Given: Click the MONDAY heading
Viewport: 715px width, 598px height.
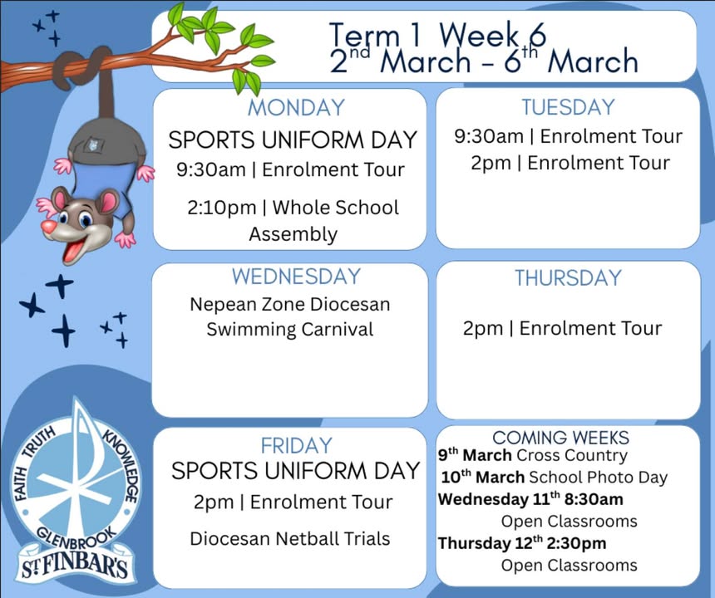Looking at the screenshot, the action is coord(297,108).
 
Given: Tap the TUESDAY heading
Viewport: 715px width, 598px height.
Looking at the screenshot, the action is coord(568,107).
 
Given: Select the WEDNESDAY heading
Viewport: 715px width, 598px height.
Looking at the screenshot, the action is coord(297,277).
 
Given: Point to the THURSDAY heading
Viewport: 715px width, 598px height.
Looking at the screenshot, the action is coord(568,278).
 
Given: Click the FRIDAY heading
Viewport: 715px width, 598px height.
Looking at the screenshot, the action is coord(297,445).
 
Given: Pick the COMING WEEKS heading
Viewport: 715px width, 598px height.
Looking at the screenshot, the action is coord(560,438).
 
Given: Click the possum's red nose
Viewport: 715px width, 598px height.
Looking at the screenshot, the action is coord(49,227).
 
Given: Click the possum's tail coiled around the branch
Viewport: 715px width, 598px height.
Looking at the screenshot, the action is coord(82,66).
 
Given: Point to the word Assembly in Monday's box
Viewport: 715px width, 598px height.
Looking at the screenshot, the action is coord(293,234).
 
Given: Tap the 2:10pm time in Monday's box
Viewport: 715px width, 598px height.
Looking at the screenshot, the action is coord(222,208).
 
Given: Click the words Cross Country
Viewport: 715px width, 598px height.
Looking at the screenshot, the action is coord(572,455).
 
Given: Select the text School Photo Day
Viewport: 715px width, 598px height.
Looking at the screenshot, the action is coord(598,478).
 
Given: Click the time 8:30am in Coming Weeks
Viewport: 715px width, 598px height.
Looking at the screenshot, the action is coord(594,499).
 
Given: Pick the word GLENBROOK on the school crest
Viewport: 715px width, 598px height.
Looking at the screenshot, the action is coord(76,540).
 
